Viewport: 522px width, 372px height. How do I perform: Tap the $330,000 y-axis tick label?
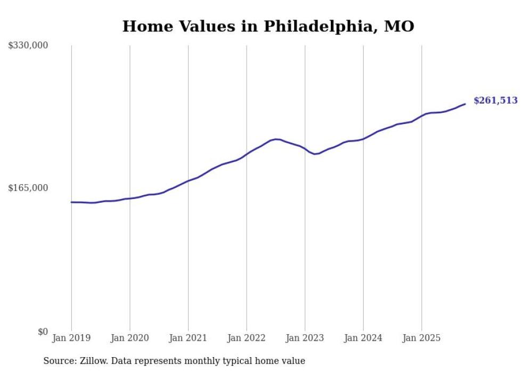point(28,45)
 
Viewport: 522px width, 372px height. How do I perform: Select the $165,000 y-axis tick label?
point(28,188)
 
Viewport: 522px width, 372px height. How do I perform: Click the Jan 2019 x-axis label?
point(71,338)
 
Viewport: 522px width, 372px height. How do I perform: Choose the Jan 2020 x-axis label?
point(130,338)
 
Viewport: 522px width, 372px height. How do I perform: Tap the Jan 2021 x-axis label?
point(188,338)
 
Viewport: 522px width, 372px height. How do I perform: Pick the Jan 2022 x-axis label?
point(247,338)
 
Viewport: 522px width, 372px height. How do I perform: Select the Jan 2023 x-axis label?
point(305,338)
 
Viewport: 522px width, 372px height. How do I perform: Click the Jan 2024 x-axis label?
point(363,338)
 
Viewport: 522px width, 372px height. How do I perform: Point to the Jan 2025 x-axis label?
point(421,338)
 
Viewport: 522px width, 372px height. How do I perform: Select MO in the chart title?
point(399,26)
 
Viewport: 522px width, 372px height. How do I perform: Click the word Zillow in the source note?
point(92,361)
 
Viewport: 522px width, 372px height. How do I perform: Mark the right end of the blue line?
point(465,104)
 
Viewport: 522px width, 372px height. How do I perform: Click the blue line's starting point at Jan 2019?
point(71,202)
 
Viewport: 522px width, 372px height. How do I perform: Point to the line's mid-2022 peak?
point(276,139)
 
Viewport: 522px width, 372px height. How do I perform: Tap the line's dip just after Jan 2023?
point(315,154)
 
